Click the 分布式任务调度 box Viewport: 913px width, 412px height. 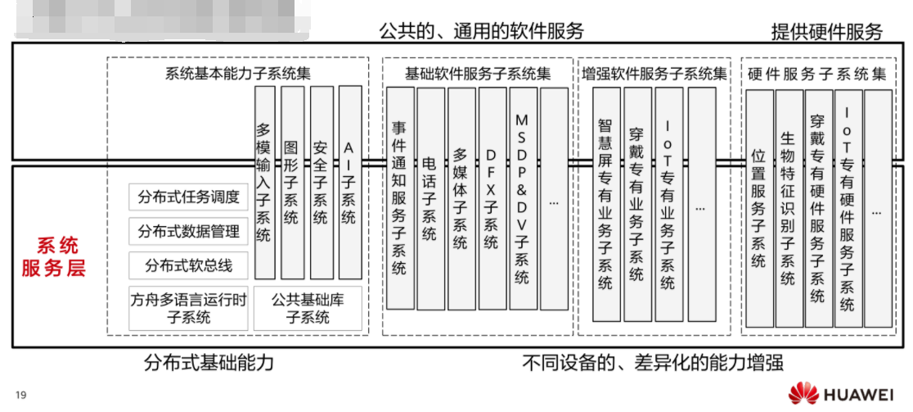(x=189, y=197)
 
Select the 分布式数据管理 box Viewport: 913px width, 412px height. (x=189, y=231)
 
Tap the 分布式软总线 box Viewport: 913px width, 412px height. (x=189, y=265)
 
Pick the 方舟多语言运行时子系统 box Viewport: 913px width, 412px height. (x=189, y=307)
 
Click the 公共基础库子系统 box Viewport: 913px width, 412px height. (x=308, y=307)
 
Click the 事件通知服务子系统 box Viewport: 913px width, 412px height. (x=399, y=197)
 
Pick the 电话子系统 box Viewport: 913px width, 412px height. (x=430, y=197)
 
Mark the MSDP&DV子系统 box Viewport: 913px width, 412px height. (x=522, y=197)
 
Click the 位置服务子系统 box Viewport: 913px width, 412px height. (x=758, y=209)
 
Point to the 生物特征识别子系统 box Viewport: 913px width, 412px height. (x=788, y=209)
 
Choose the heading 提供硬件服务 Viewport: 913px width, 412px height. (x=826, y=32)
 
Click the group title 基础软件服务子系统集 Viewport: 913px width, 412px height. (x=479, y=73)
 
